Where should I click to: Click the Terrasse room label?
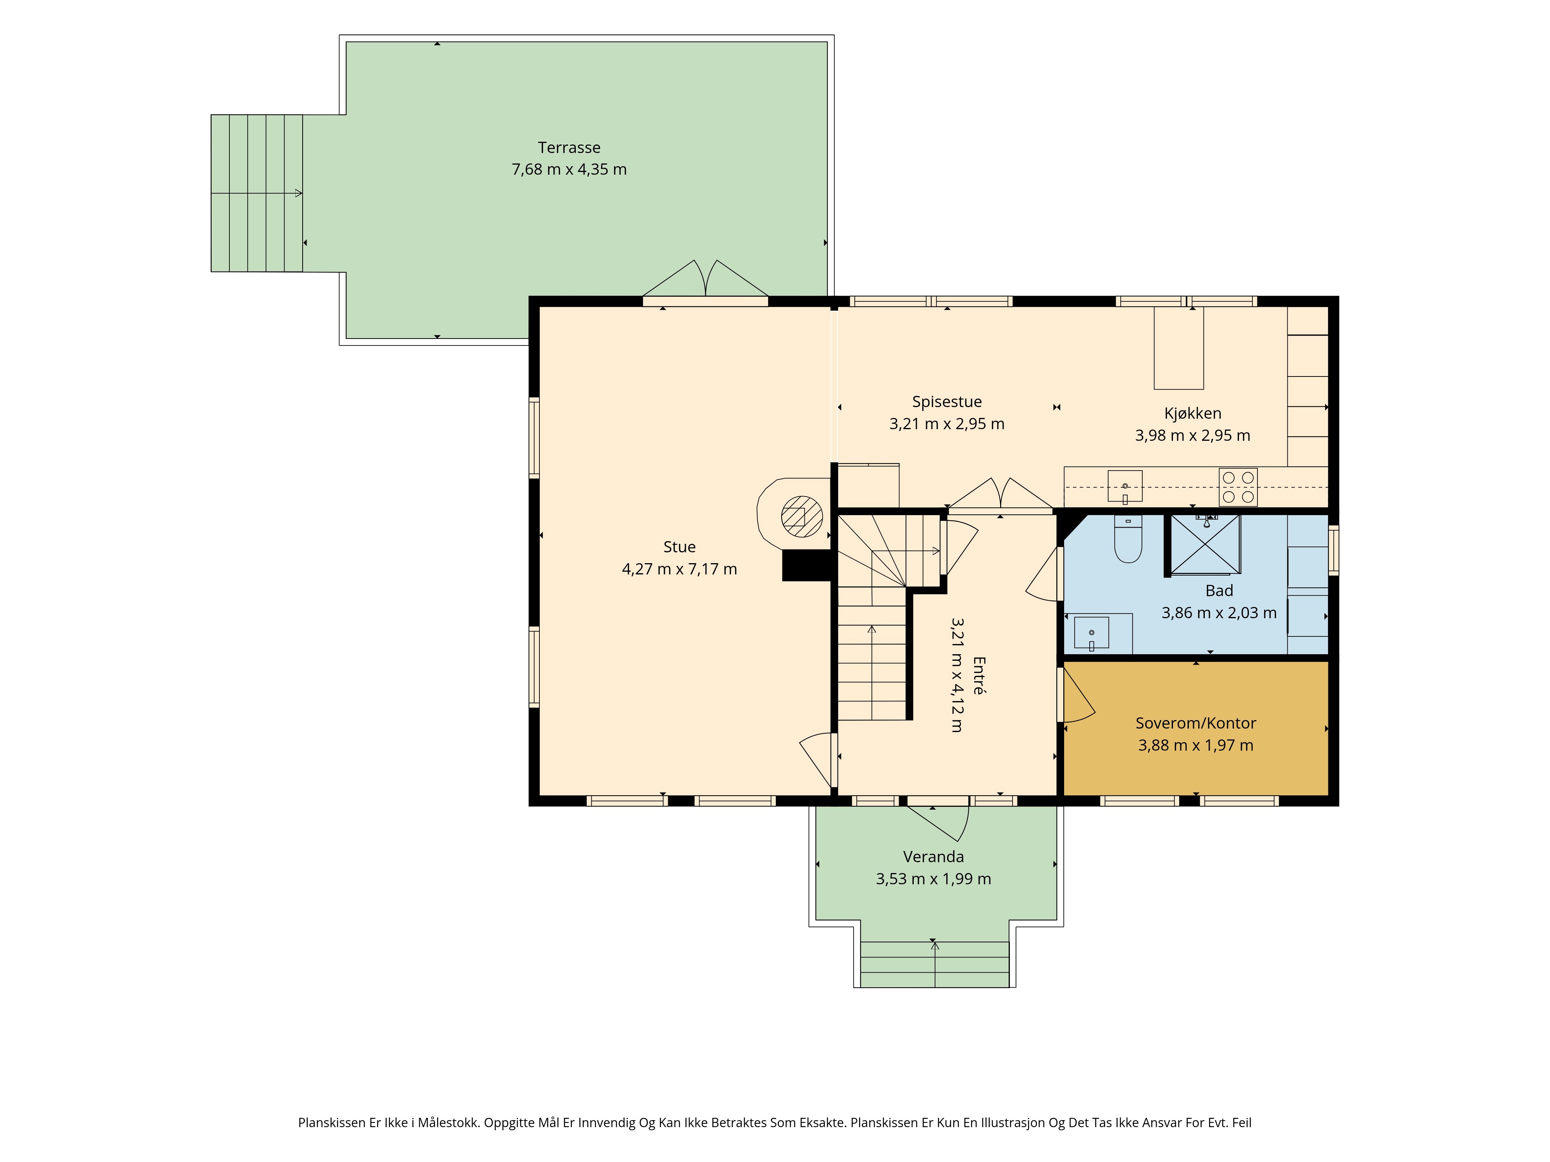click(569, 148)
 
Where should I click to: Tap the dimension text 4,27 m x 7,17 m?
click(679, 569)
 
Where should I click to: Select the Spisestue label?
click(947, 402)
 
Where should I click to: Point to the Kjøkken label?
click(1193, 413)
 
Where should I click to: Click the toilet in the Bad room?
click(1128, 539)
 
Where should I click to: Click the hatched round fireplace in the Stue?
click(802, 516)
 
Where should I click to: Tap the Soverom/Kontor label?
click(1195, 723)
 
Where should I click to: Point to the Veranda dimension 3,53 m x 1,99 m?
click(933, 879)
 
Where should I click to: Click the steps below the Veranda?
click(935, 964)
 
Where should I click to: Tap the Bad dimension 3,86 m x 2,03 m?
click(1219, 613)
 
